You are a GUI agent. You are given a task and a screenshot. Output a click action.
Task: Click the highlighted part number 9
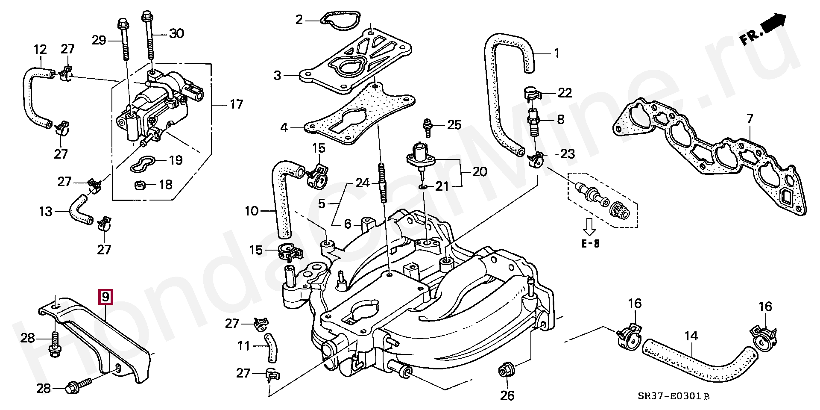(105, 296)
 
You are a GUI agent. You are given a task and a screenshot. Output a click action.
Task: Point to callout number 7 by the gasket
(750, 117)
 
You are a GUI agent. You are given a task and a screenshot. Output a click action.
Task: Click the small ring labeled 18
(140, 186)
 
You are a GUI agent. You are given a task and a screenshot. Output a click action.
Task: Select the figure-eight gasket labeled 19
(143, 164)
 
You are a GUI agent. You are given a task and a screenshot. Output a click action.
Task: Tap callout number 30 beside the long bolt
(176, 33)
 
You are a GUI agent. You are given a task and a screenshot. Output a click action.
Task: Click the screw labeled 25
(427, 124)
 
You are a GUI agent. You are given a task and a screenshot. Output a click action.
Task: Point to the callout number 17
(236, 104)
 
